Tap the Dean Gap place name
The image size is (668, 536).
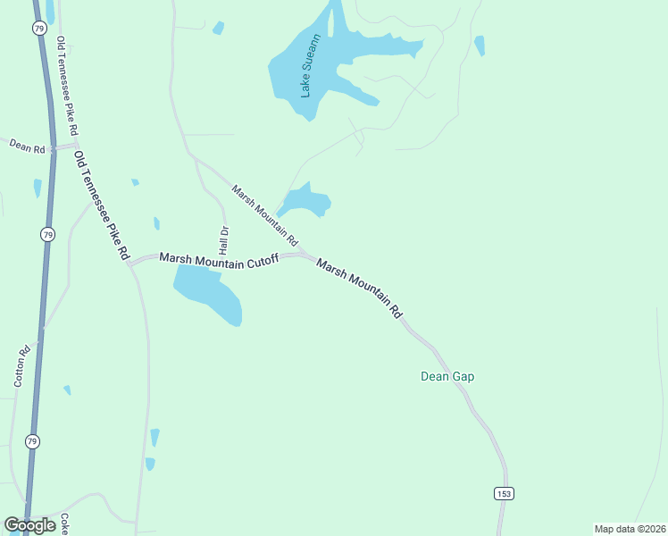(447, 376)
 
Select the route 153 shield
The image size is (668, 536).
(503, 493)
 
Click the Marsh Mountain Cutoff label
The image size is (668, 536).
(219, 258)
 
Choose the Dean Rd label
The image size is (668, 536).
(27, 146)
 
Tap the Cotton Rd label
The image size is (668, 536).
(22, 365)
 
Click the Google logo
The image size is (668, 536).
(29, 525)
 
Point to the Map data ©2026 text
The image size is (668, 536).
(630, 528)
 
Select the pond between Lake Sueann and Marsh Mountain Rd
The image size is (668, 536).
(306, 200)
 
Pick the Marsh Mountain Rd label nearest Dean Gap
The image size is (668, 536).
(360, 288)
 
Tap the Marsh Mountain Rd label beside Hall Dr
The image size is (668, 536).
(264, 214)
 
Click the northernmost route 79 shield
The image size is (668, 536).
(38, 29)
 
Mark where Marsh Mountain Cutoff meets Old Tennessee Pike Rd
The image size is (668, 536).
(130, 264)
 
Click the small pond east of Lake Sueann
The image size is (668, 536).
(480, 45)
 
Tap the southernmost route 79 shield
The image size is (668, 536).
(32, 441)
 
